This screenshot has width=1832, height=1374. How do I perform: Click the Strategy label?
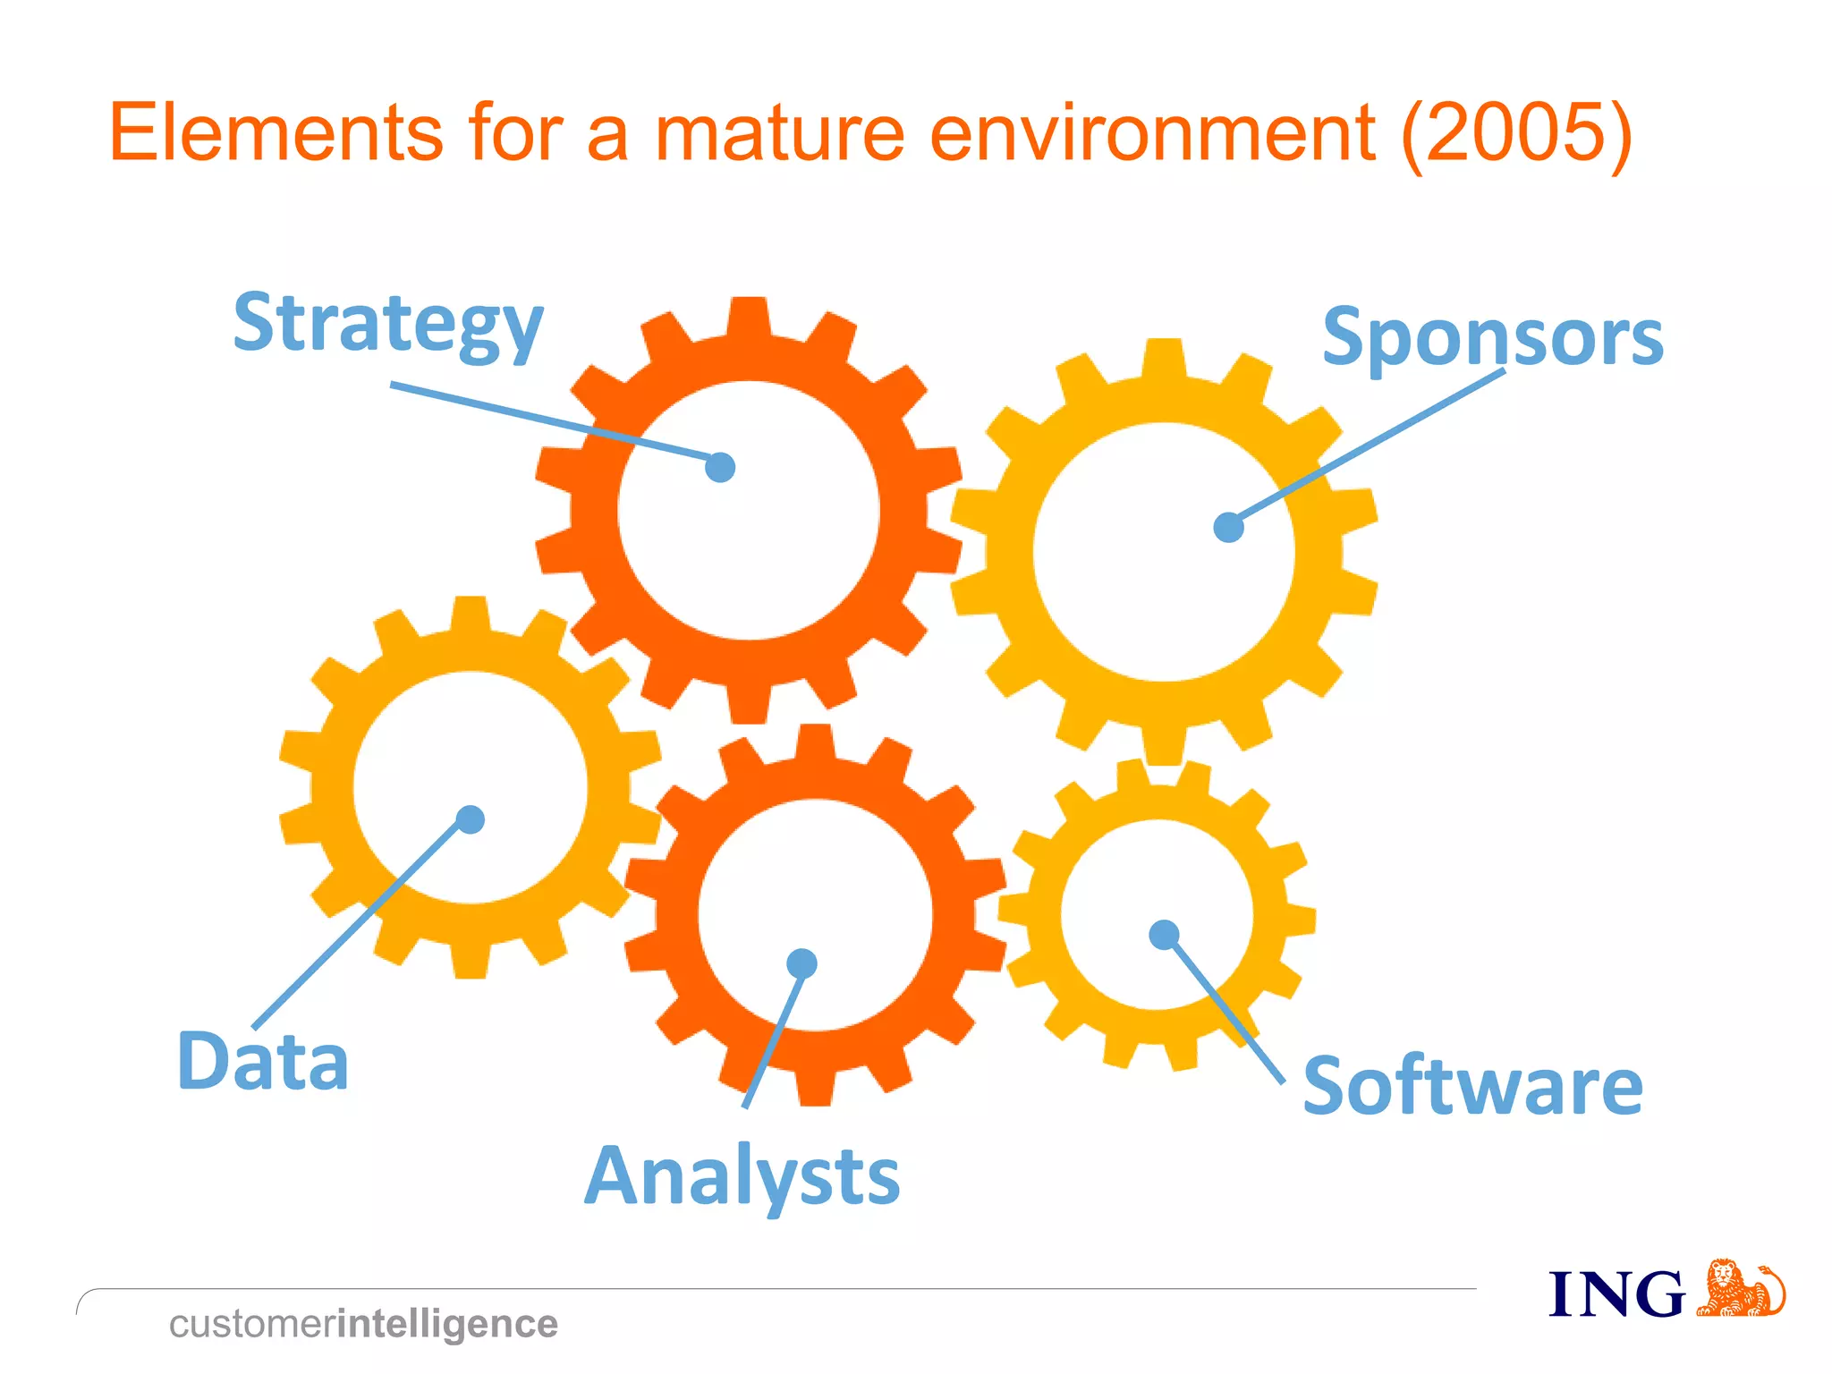[x=388, y=324]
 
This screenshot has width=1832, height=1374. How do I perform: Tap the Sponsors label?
[x=1492, y=337]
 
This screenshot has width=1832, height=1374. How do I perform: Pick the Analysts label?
[x=742, y=1176]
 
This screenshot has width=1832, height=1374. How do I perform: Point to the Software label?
[x=1472, y=1086]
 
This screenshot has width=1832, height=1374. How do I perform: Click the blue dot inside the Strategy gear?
[x=720, y=467]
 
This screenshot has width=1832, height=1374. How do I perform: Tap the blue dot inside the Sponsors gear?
[x=1228, y=527]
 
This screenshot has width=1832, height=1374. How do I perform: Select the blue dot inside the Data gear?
[x=471, y=819]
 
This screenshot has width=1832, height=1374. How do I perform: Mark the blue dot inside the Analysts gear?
[x=801, y=963]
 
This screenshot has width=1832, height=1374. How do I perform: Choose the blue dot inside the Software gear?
[x=1163, y=935]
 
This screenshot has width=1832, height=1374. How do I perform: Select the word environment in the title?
[x=1151, y=133]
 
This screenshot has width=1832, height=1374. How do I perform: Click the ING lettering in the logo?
[x=1616, y=1294]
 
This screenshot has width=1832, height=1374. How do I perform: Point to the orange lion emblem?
[x=1740, y=1289]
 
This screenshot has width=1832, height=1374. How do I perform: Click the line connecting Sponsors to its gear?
[x=1369, y=447]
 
